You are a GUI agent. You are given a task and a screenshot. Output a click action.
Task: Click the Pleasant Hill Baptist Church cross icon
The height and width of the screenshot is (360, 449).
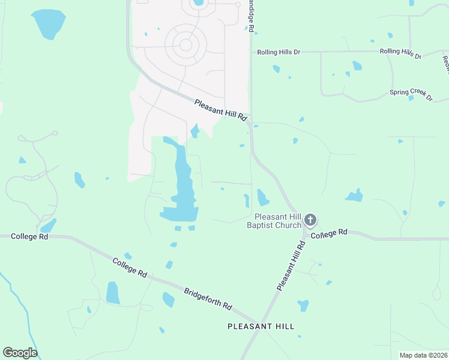point(310,220)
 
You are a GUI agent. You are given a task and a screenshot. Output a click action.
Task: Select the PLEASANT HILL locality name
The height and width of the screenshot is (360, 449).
point(261,326)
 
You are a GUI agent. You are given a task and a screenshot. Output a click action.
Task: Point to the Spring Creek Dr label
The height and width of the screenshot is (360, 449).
point(411,94)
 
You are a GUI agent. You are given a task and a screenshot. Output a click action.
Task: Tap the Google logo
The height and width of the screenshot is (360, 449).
point(20,353)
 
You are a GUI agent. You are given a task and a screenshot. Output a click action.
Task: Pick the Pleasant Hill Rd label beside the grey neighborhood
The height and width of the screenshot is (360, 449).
point(221,110)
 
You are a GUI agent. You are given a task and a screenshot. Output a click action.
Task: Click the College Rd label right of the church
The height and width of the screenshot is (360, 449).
point(330,232)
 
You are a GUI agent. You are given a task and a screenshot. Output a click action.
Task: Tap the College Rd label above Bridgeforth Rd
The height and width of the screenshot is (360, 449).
point(129,267)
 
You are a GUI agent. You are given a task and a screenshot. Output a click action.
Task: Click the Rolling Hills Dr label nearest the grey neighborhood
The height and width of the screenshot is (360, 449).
point(279,52)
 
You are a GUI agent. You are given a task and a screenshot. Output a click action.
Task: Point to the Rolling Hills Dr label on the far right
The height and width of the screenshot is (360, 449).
point(400,53)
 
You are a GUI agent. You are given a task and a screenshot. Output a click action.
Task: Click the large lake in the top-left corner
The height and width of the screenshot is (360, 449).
point(49,23)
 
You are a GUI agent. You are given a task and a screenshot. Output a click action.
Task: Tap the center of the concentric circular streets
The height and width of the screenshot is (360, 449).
point(186,45)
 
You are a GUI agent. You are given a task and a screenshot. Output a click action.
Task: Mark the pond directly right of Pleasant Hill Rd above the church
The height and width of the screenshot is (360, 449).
point(263,197)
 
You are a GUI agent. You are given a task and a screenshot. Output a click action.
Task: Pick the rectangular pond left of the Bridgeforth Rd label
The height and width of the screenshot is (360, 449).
point(112,292)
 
